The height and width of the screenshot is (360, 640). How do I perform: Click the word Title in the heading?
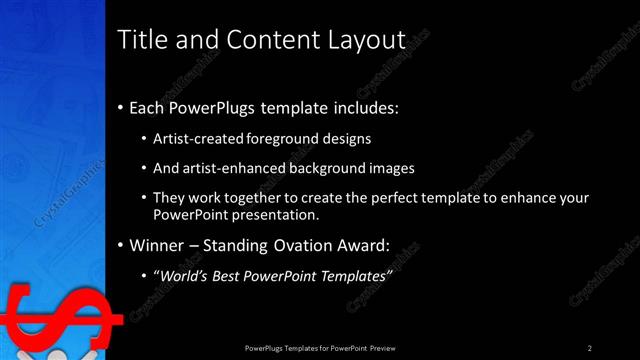143,40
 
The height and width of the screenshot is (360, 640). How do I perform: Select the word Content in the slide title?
261,40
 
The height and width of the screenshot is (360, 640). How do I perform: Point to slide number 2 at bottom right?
590,347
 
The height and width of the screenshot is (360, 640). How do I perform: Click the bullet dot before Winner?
121,245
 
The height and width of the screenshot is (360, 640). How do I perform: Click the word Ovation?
306,245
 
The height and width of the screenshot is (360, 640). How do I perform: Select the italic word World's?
183,275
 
